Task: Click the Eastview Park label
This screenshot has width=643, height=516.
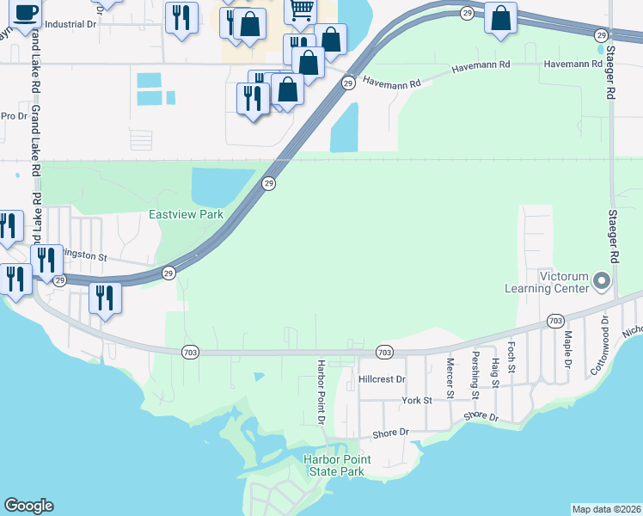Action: [x=186, y=214]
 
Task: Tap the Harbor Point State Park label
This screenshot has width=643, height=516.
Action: [x=337, y=465]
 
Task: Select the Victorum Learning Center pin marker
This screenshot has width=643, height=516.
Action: [x=601, y=281]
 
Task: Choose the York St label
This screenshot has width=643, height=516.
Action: [x=416, y=400]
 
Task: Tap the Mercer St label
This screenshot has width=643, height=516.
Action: [x=450, y=372]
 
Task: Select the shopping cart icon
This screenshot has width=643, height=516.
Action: [x=301, y=11]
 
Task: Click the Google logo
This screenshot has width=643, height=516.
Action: [x=28, y=506]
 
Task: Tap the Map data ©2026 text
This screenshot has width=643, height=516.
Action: [x=606, y=509]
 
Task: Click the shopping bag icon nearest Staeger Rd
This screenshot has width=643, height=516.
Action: [x=500, y=18]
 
